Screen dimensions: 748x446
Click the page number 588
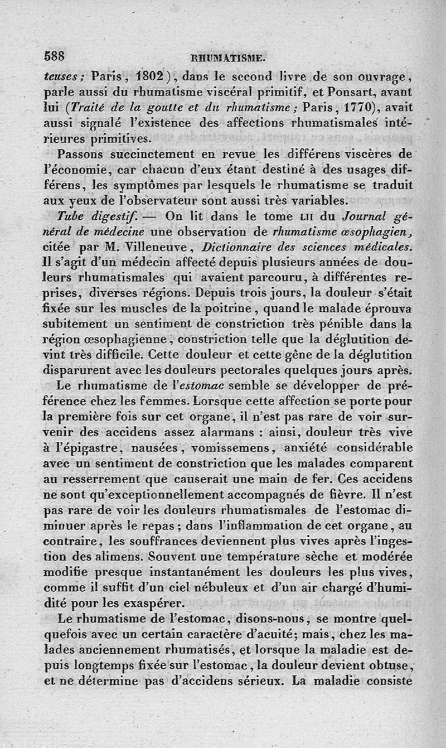[x=54, y=56]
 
